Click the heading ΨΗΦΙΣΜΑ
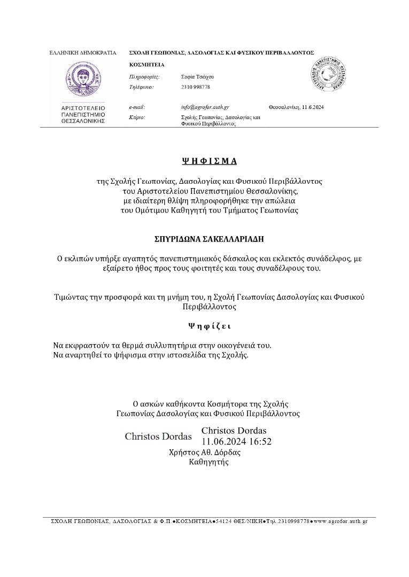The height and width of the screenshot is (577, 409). point(209,160)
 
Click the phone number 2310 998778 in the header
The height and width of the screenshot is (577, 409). point(196,87)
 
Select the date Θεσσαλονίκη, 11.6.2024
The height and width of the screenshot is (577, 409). point(296,107)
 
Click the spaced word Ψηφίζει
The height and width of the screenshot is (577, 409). point(209,325)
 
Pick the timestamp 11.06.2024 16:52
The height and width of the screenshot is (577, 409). point(237,441)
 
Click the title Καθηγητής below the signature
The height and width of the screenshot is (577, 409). point(209,462)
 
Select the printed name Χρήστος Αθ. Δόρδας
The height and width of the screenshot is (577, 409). point(205,452)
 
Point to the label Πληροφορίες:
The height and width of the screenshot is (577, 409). point(145,77)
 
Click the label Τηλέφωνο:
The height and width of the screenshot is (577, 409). point(142,87)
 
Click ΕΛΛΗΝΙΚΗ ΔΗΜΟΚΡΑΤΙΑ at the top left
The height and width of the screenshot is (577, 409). point(83,53)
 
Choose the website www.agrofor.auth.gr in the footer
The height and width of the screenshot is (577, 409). point(341,521)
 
